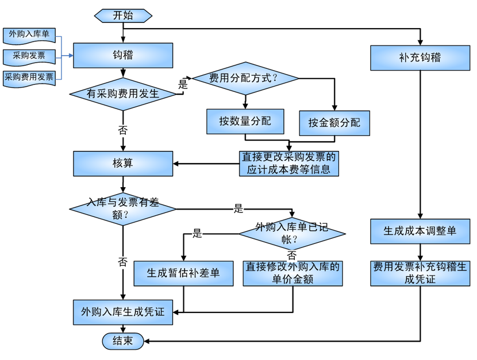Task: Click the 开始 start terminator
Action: coord(122,16)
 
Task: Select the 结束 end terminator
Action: coord(122,341)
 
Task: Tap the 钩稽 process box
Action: coord(122,56)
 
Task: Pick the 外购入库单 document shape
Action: coord(29,34)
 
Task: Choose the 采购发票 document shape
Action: coord(29,56)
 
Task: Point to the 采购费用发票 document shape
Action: coord(29,76)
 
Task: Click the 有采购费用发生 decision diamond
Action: coord(122,94)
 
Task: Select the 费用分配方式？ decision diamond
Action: coord(245,78)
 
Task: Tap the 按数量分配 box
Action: coord(245,121)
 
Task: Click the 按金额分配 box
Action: coord(334,122)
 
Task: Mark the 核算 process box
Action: coord(122,164)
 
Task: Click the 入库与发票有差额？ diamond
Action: coord(122,208)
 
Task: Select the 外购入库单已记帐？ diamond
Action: coord(292,233)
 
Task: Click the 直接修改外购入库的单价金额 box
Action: coord(293,273)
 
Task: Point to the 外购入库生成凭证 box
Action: coord(122,312)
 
